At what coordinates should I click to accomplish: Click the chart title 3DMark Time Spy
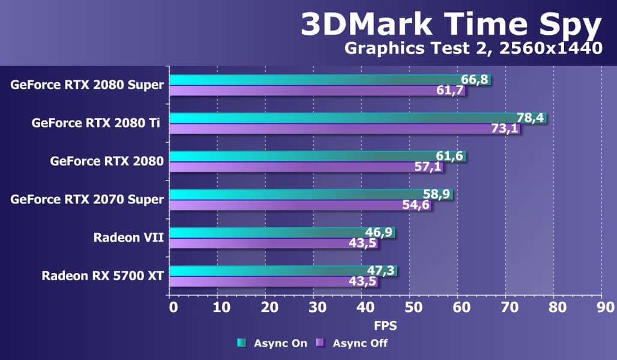click(x=451, y=25)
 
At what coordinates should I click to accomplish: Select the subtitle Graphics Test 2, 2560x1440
click(x=473, y=49)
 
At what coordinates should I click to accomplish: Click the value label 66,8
click(x=474, y=80)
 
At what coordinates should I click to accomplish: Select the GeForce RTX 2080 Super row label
click(x=87, y=85)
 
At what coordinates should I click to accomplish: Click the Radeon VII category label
click(x=128, y=238)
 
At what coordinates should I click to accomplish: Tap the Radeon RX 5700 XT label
click(x=103, y=276)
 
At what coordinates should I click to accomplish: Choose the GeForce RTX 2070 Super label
click(x=87, y=199)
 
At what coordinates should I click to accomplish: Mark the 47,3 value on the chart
click(x=381, y=271)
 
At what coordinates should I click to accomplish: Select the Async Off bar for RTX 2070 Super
click(x=288, y=205)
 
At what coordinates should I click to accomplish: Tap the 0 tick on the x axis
click(x=174, y=308)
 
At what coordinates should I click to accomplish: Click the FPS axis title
click(x=386, y=326)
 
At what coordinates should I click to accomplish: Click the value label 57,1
click(x=429, y=167)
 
